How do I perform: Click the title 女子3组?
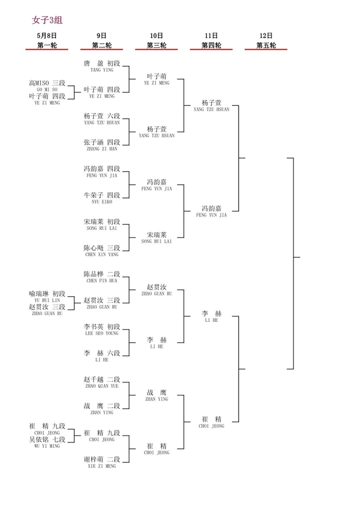click(x=47, y=20)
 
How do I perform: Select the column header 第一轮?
click(x=47, y=45)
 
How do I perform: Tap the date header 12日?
click(x=266, y=35)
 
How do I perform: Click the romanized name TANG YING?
click(x=102, y=70)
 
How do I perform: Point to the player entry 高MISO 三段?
click(x=47, y=83)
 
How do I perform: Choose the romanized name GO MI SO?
click(x=47, y=89)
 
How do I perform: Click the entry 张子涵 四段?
click(x=102, y=142)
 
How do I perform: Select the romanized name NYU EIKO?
click(x=102, y=202)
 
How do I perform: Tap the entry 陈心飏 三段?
click(x=102, y=248)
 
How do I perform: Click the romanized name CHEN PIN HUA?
click(x=102, y=281)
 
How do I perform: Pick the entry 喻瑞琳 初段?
click(x=47, y=294)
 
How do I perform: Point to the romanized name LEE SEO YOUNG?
click(x=102, y=333)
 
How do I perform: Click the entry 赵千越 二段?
click(x=102, y=379)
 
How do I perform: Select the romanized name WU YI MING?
click(x=47, y=446)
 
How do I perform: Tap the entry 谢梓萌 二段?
click(x=102, y=459)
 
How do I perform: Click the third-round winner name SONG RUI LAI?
click(x=156, y=241)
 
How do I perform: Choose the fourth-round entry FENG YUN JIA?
click(x=211, y=215)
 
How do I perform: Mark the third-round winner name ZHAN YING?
click(x=156, y=399)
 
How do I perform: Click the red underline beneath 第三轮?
click(x=156, y=49)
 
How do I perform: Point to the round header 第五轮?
click(x=266, y=45)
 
